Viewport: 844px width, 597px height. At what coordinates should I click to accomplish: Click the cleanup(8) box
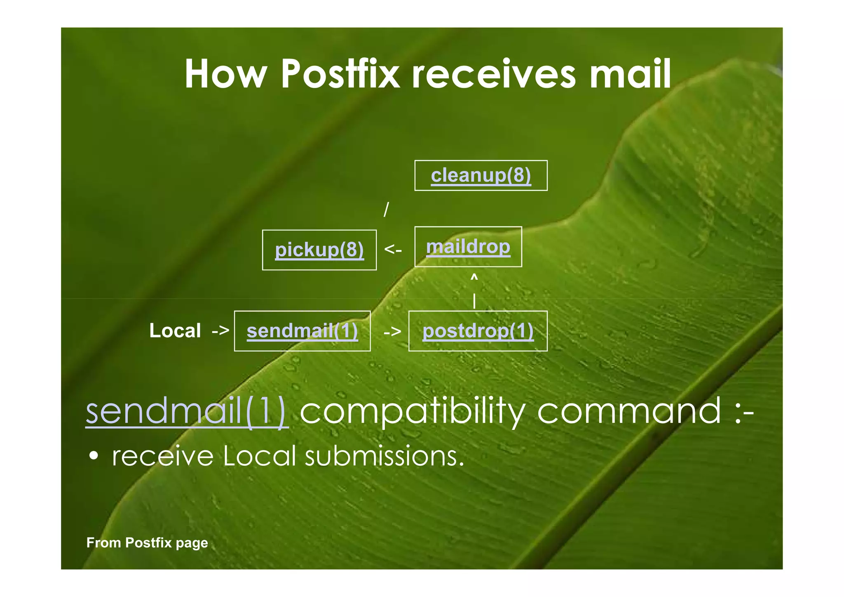pyautogui.click(x=481, y=175)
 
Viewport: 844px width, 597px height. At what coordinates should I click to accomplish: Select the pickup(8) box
pyautogui.click(x=319, y=250)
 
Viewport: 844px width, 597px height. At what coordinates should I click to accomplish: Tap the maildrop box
pyautogui.click(x=468, y=247)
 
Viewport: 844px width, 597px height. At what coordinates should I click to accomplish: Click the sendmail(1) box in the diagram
pyautogui.click(x=302, y=331)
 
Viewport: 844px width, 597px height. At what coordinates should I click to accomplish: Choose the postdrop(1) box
pyautogui.click(x=478, y=331)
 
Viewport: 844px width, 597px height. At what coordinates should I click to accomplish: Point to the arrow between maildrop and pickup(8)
pyautogui.click(x=393, y=249)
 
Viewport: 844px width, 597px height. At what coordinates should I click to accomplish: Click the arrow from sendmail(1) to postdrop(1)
pyautogui.click(x=392, y=331)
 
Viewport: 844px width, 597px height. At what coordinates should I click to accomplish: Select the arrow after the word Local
pyautogui.click(x=220, y=330)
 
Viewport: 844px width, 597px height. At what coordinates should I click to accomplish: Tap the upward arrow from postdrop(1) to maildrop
pyautogui.click(x=474, y=291)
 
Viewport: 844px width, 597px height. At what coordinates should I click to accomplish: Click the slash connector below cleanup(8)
pyautogui.click(x=386, y=209)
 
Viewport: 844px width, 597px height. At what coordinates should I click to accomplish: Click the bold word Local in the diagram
pyautogui.click(x=175, y=330)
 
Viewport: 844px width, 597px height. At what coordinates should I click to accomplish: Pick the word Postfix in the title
pyautogui.click(x=340, y=74)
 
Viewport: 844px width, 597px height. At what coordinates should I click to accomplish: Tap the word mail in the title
pyautogui.click(x=630, y=74)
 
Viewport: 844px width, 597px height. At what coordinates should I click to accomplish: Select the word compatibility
pyautogui.click(x=412, y=411)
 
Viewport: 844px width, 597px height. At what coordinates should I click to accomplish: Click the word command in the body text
pyautogui.click(x=629, y=411)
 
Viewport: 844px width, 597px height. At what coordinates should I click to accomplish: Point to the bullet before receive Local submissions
pyautogui.click(x=94, y=456)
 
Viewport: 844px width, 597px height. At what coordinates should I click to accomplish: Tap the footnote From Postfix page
pyautogui.click(x=147, y=543)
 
